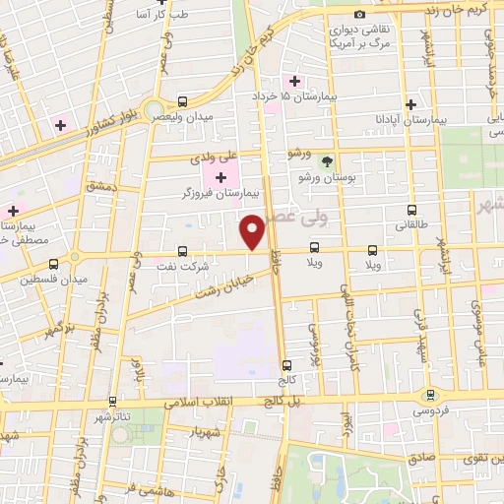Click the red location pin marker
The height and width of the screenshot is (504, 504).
click(x=253, y=231)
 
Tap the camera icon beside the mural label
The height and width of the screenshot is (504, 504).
click(x=359, y=14)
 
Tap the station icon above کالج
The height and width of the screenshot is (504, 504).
click(x=286, y=363)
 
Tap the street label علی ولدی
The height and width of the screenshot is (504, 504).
click(x=218, y=156)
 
